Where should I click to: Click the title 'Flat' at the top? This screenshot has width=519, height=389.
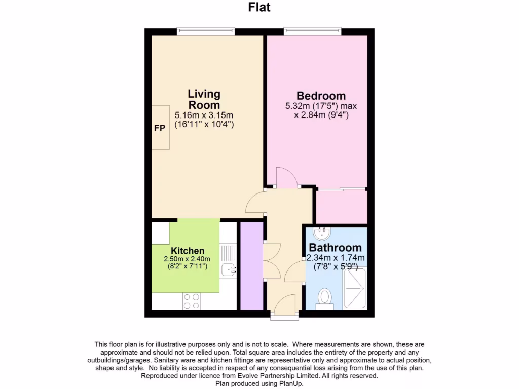[259, 7]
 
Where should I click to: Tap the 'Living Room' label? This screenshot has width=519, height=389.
[204, 99]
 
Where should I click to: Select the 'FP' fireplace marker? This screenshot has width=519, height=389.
[159, 128]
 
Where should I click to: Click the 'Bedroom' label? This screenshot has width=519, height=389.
[321, 96]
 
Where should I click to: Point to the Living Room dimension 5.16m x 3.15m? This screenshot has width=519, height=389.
[204, 115]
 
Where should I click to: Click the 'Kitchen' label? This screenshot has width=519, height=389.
[188, 251]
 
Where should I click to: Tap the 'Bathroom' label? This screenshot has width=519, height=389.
[336, 248]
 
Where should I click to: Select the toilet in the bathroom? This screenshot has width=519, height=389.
[324, 297]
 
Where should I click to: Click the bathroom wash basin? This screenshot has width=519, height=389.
[322, 234]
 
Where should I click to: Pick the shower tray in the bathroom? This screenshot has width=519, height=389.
[355, 288]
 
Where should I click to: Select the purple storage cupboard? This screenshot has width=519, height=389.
[251, 265]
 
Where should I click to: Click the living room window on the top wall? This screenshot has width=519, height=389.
[206, 31]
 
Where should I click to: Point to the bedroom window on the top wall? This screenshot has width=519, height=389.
[313, 31]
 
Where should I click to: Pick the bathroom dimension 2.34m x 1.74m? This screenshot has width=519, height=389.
[336, 258]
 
